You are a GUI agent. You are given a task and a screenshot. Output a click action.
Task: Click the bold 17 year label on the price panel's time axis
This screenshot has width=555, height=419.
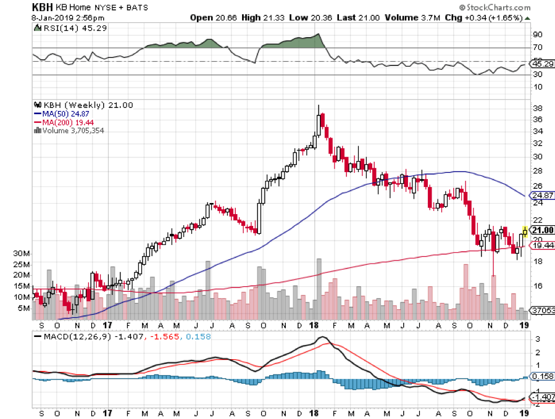point(107,325)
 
